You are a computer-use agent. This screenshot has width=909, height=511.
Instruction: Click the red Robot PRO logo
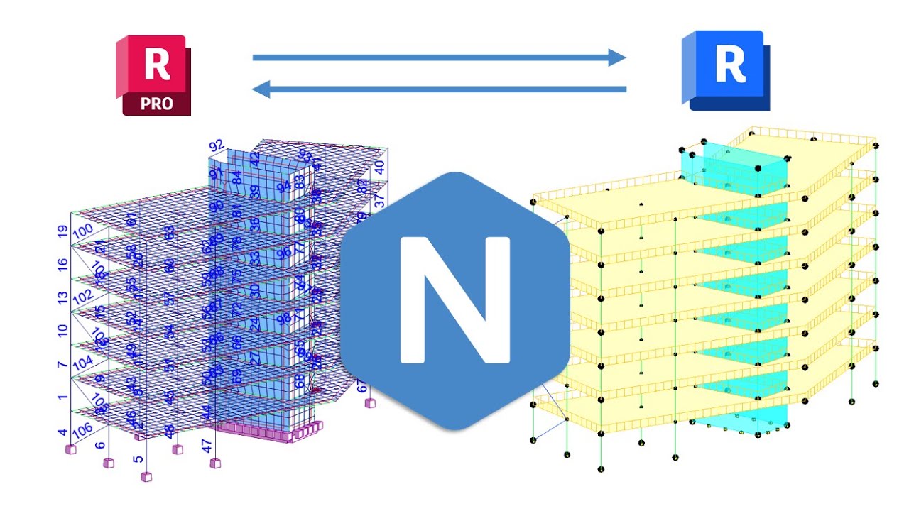click(153, 75)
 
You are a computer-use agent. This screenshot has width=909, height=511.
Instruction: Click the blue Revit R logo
click(726, 70)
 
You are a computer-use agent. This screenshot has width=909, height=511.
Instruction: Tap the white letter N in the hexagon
click(455, 300)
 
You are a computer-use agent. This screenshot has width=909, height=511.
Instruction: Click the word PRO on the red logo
click(156, 103)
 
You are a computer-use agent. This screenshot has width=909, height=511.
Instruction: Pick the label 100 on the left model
click(83, 231)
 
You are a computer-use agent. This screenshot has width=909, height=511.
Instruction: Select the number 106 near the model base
click(82, 429)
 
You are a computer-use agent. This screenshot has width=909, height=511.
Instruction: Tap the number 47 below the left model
click(207, 446)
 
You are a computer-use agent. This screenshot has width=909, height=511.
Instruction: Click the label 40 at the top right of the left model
click(380, 167)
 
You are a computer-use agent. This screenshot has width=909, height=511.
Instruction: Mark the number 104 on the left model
click(83, 362)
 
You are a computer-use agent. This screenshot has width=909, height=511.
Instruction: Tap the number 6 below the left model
click(100, 445)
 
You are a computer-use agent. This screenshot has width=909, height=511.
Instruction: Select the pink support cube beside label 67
click(369, 402)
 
